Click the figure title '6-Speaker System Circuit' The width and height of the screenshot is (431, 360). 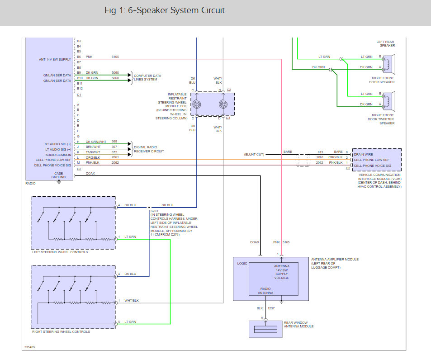165,10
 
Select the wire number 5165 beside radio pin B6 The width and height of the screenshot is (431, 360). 115,57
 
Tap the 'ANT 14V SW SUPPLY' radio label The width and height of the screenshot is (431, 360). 55,59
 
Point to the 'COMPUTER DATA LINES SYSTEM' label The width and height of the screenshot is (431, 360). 147,77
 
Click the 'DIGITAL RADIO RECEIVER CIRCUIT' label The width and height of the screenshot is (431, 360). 149,149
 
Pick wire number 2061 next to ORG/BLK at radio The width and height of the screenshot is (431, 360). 115,157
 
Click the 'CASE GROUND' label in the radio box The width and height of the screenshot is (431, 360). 58,175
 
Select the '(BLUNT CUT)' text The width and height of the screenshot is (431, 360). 255,154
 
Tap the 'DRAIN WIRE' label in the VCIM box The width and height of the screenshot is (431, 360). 363,154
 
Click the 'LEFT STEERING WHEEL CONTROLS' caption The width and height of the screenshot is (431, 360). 60,252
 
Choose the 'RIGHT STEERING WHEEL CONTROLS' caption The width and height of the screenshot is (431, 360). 61,332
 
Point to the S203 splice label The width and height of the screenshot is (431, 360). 155,211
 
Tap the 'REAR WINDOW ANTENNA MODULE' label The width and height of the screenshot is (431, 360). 298,324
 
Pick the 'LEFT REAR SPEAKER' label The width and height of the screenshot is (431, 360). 385,43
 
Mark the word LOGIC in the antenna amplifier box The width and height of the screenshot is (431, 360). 242,263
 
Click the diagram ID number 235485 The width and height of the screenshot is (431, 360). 30,348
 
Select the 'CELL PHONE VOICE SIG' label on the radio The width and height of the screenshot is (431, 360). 53,165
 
